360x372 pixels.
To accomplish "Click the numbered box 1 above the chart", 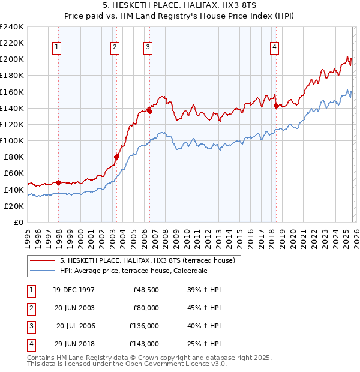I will pos(57,47).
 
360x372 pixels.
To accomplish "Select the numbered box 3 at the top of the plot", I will pos(148,47).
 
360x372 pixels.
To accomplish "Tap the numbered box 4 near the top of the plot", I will pos(274,47).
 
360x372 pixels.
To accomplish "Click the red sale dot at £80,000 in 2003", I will pos(117,157).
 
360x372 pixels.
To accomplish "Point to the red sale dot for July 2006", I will pos(149,111).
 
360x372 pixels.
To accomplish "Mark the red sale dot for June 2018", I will pos(276,106).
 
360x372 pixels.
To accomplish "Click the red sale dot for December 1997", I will pos(58,182).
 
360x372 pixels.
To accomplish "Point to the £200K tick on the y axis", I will pos(12,59).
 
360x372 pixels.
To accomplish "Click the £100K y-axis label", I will pos(12,141).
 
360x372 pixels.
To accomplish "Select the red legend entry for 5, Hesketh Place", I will pos(150,260).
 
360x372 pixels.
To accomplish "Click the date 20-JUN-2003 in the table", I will pos(74,308).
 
